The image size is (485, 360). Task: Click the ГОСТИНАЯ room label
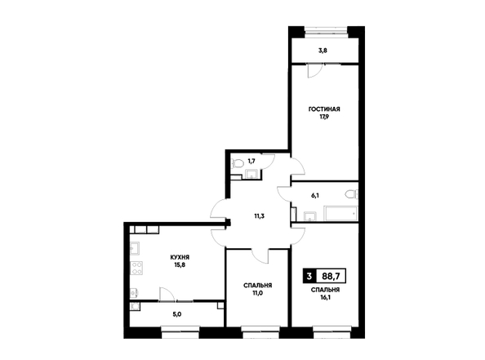point(324,109)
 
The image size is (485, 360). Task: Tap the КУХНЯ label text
point(180,257)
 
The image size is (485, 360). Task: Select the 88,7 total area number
point(331,276)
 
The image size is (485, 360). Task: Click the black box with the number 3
point(309,276)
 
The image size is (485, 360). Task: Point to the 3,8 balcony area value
point(323,51)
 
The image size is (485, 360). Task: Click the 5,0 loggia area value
point(177,314)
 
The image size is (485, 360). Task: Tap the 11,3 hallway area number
point(259,216)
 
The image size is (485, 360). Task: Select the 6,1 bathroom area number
point(315,195)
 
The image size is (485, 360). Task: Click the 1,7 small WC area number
point(251,161)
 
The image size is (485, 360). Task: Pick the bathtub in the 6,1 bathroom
point(340,213)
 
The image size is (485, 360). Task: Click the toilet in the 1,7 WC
point(238,163)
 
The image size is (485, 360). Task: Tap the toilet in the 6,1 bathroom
point(352,195)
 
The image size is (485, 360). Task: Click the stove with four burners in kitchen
point(136,268)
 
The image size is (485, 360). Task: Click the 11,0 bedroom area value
point(257,293)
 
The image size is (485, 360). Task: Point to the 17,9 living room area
point(324,117)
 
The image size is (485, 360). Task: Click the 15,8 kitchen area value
point(180,265)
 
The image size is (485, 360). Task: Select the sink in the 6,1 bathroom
point(309,216)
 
